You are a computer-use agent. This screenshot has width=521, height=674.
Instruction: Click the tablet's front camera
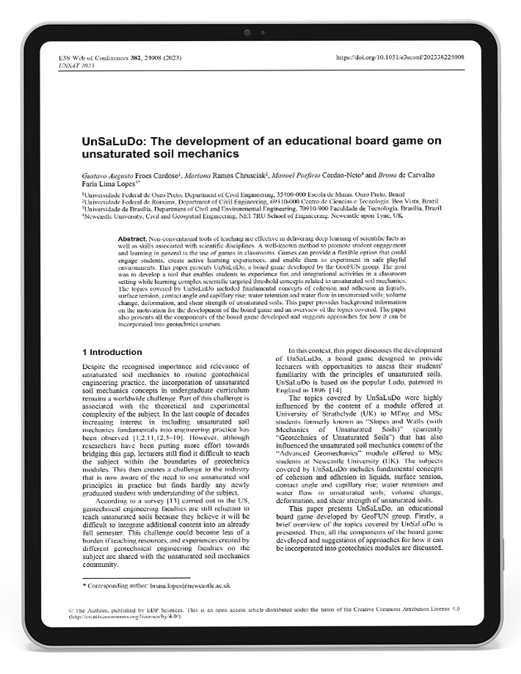tap(247, 32)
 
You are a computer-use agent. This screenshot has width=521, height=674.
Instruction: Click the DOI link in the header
tap(399, 57)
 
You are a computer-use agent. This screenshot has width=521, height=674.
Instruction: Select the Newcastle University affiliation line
tap(242, 216)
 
